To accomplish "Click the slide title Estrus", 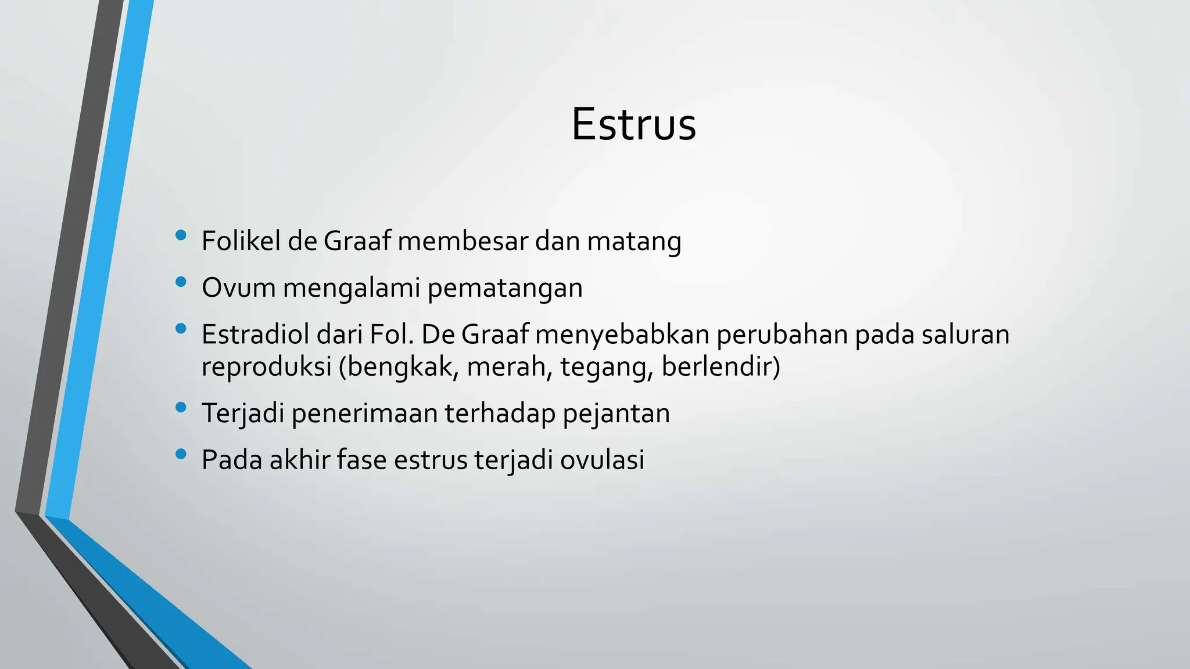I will (633, 125).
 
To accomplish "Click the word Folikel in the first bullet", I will (241, 241).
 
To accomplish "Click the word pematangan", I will (505, 289).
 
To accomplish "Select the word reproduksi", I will (266, 367).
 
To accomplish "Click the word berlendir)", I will (721, 367).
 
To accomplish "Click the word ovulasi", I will (602, 460).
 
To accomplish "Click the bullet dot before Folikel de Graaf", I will (181, 235).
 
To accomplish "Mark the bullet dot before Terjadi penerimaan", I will (181, 408).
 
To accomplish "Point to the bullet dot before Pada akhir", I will (181, 454).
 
